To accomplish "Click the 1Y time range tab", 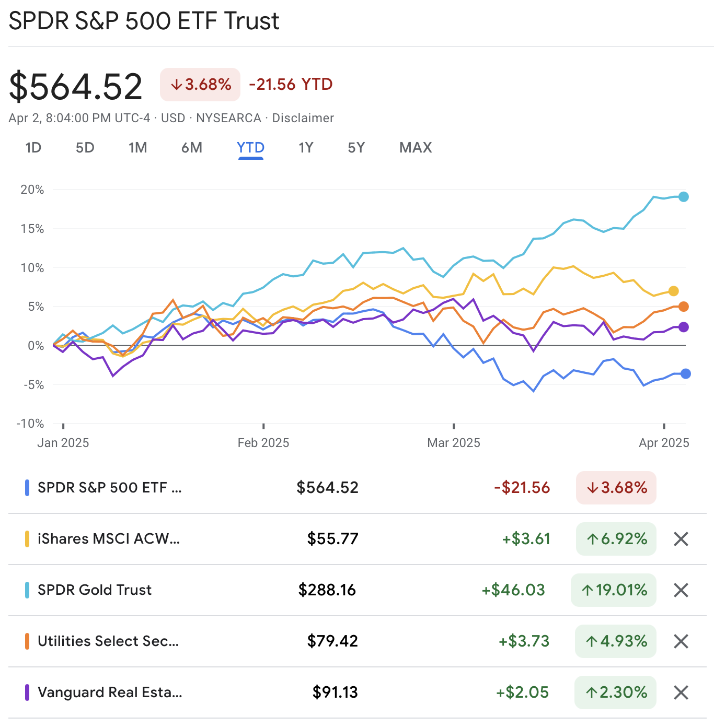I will pos(306,148).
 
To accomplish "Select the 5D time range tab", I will pos(85,148).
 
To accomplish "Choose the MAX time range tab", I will pos(416,148).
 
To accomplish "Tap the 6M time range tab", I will pos(192,148).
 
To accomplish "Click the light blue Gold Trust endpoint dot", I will pos(684,197).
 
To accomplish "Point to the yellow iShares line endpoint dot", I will pos(674,291).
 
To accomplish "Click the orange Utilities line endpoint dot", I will pos(684,307).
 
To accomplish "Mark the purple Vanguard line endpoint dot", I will pos(684,327).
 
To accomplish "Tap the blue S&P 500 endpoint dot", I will pos(686,373).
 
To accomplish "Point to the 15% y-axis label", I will pos(32,229).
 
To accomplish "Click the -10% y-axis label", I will pos(30,424).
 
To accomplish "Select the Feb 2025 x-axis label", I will pos(263,443).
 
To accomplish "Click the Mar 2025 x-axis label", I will pos(453,443).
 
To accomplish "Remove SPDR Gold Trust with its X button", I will pos(681,590).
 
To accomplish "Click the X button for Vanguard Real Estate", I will pos(681,692).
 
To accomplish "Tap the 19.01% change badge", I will pos(614,590).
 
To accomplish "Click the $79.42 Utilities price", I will pos(332,641).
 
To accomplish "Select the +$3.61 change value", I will pos(526,538).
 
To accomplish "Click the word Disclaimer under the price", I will pos(303,118).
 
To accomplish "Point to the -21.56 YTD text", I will pos(291,84).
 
